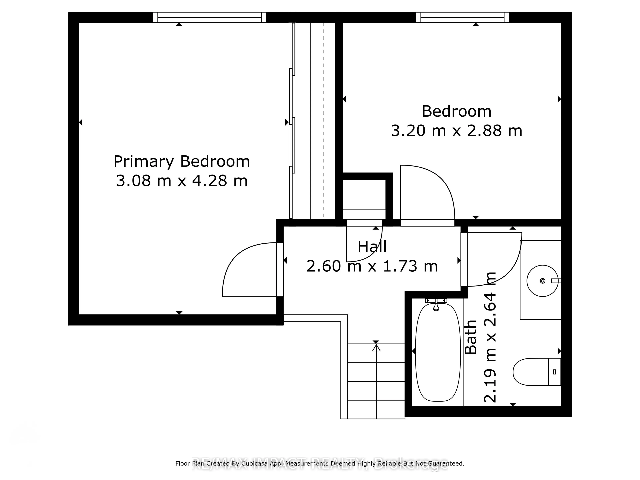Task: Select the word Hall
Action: point(372,247)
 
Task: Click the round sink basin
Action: point(542,281)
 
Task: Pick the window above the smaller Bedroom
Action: point(462,17)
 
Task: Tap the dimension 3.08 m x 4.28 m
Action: point(182,181)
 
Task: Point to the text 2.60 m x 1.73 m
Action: point(372,266)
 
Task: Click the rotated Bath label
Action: point(470,337)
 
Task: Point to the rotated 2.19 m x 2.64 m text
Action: point(490,337)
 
